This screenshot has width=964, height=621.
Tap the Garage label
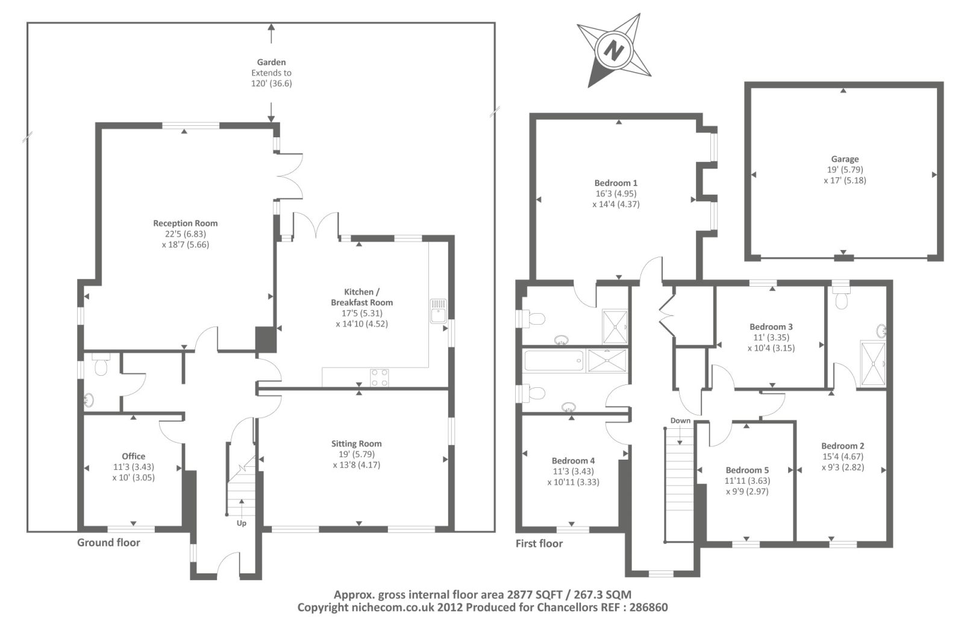click(845, 159)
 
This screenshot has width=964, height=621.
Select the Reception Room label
click(186, 223)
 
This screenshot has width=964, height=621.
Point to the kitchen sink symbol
click(439, 311)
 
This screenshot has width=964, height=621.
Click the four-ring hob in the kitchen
click(379, 378)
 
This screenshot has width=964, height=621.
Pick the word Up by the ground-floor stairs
click(242, 523)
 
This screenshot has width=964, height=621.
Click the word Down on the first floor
click(680, 420)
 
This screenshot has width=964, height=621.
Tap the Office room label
click(133, 456)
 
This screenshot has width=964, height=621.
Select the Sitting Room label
click(356, 444)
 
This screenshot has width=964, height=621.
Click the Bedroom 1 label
click(616, 183)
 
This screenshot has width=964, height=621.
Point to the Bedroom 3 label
click(771, 327)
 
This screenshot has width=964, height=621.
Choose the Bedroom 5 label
click(747, 470)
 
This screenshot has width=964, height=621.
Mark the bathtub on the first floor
click(554, 361)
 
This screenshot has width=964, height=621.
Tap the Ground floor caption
click(108, 543)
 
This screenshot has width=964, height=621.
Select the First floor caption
click(539, 543)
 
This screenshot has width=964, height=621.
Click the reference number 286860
click(648, 608)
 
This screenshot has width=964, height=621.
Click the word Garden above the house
click(271, 63)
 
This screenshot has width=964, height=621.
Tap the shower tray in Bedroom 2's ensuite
click(873, 364)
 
